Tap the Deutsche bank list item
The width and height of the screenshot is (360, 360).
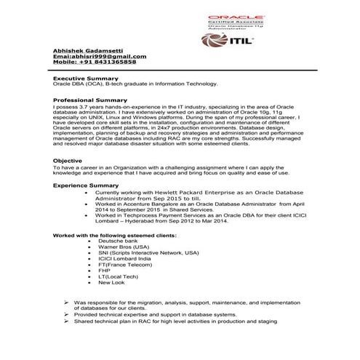pyautogui.click(x=128, y=241)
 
